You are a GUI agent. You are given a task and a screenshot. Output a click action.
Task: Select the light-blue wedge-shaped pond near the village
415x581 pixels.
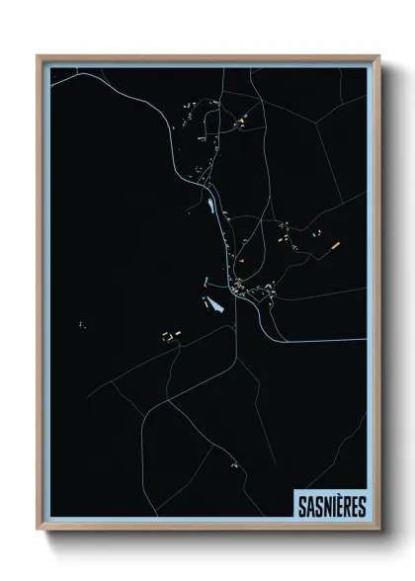pyautogui.click(x=214, y=303)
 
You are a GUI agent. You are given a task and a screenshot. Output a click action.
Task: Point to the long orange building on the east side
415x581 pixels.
pyautogui.click(x=335, y=243)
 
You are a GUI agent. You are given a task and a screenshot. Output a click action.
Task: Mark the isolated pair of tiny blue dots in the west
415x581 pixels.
pyautogui.click(x=81, y=322)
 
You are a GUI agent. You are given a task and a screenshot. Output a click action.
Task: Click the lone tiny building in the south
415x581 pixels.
pyautogui.click(x=234, y=464)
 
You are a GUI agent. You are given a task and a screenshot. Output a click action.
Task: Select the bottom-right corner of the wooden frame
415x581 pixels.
pyautogui.click(x=378, y=529)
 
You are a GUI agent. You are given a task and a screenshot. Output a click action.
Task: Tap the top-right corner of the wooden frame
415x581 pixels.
pyautogui.click(x=378, y=56)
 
